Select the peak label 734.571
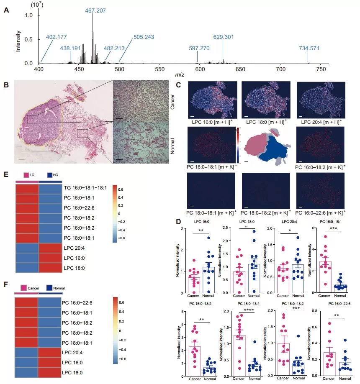click(x=309, y=48)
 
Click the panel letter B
click(x=6, y=85)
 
